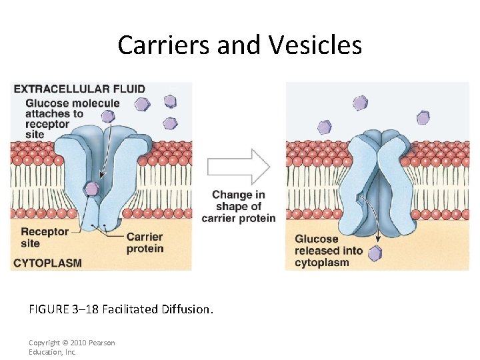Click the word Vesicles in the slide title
pyautogui.click(x=316, y=45)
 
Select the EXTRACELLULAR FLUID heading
pyautogui.click(x=79, y=89)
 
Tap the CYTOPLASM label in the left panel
pyautogui.click(x=47, y=263)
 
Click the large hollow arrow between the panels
pyautogui.click(x=238, y=167)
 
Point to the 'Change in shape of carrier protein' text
pyautogui.click(x=238, y=207)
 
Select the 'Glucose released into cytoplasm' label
pyautogui.click(x=329, y=251)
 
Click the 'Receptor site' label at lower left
pyautogui.click(x=45, y=237)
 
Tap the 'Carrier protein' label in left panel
pyautogui.click(x=145, y=243)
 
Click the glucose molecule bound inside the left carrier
pyautogui.click(x=93, y=189)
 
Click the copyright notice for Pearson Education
pyautogui.click(x=71, y=347)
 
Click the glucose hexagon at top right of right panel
pyautogui.click(x=423, y=118)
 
